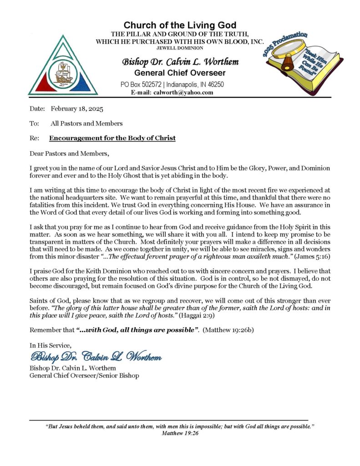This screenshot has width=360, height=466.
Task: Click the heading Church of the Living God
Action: click(x=180, y=25)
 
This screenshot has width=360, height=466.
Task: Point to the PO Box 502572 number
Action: click(x=151, y=85)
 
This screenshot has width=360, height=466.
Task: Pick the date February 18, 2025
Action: click(x=77, y=109)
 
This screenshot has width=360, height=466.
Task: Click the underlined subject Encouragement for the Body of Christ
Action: click(x=112, y=138)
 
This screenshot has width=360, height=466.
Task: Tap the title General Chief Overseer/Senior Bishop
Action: click(x=84, y=375)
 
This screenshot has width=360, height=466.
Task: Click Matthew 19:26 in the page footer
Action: click(x=180, y=434)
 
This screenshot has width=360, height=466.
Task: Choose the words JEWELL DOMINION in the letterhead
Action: click(x=180, y=48)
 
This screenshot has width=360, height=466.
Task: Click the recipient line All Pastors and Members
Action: click(x=86, y=123)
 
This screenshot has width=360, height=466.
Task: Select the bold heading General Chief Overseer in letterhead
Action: click(x=180, y=73)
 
